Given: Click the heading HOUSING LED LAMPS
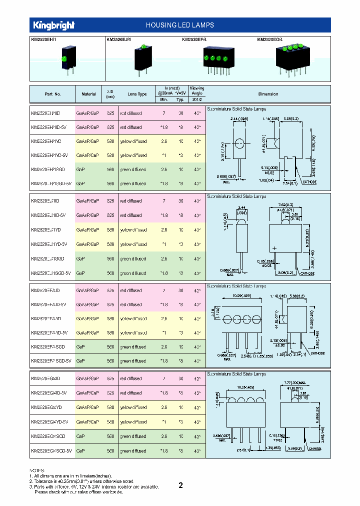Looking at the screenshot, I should pos(179,25).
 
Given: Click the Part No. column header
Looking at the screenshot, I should pos(52,94).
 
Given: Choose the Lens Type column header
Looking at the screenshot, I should pos(137,94).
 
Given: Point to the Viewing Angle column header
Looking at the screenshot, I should pos(197,93).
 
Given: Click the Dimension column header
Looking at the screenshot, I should pos(268,94).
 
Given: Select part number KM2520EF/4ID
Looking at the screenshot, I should pos(45,290).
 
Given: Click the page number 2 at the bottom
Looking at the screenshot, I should pos(180,485).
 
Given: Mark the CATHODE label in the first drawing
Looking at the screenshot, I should pos(308,182).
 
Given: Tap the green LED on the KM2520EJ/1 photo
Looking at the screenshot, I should pos(142,47).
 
